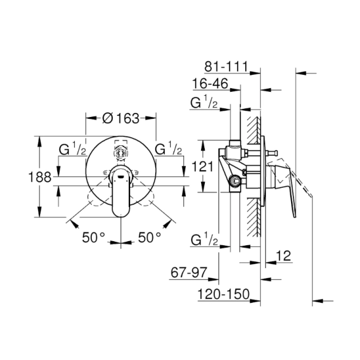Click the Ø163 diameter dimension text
[x=121, y=118]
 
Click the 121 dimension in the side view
[x=203, y=166]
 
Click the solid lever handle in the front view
[x=121, y=197]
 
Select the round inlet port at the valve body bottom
[x=236, y=183]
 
